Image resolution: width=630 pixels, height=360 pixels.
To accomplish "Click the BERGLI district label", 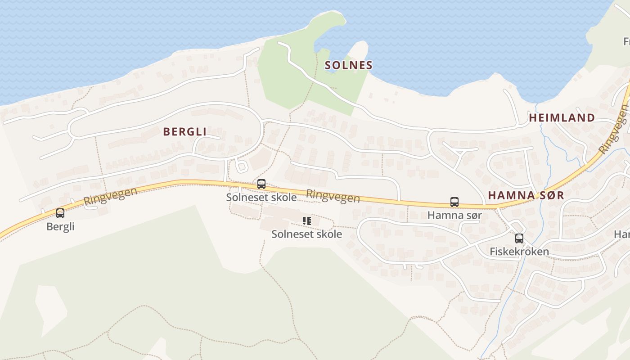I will [184, 131].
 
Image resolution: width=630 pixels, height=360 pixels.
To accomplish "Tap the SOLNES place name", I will [348, 65].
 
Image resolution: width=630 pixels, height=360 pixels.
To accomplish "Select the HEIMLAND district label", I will [562, 118].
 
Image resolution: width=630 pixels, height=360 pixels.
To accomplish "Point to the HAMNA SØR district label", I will [526, 195].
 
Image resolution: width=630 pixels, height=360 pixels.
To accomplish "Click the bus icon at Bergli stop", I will [60, 213].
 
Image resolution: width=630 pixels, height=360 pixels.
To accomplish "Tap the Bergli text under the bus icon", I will [60, 226].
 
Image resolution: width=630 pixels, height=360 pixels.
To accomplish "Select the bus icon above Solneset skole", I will [261, 184].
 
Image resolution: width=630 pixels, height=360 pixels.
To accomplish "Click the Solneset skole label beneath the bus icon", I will [261, 197].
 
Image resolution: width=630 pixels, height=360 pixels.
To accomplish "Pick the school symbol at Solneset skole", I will [306, 221].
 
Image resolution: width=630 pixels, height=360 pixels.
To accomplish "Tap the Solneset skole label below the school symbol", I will [306, 234].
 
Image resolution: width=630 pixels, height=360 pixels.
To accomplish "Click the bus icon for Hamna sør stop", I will [454, 202].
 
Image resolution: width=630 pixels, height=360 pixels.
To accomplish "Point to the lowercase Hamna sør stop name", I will [454, 215].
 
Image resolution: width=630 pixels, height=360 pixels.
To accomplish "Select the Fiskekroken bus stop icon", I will [519, 238].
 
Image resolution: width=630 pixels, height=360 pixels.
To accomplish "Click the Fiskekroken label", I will [519, 251].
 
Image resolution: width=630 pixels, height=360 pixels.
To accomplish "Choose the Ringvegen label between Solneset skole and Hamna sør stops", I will [333, 196].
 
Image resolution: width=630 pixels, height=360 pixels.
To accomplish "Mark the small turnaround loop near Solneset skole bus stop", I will [242, 166].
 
